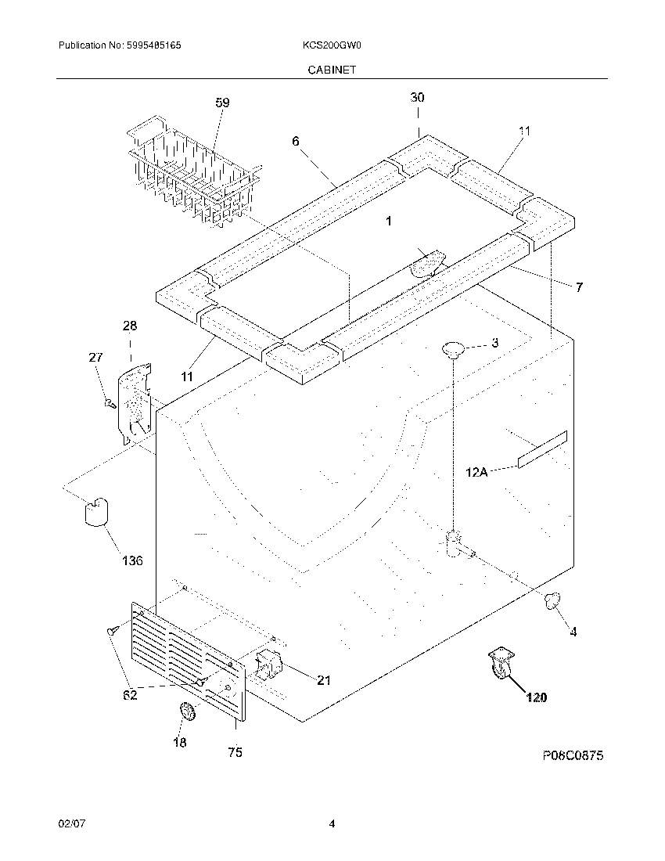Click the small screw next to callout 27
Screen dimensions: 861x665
[110, 404]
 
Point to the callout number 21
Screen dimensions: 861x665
[323, 680]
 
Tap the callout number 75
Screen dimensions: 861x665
[235, 753]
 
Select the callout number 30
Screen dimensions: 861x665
[418, 98]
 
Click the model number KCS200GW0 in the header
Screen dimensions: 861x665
[331, 46]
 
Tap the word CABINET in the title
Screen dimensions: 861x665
[332, 70]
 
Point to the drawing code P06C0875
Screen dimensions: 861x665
[573, 756]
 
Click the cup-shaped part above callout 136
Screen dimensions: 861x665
[96, 511]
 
